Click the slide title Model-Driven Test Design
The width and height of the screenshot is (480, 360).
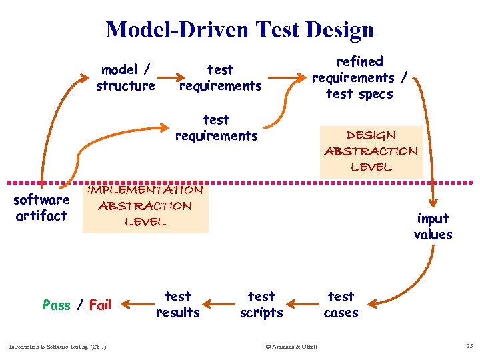tap(240, 29)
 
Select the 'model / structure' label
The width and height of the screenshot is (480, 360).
tap(125, 77)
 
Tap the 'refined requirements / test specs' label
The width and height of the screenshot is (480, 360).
tap(360, 77)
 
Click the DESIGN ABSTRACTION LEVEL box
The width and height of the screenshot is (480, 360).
tap(371, 151)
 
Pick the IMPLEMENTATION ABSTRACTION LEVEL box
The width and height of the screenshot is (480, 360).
tap(145, 206)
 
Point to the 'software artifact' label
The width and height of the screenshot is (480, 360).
tap(41, 207)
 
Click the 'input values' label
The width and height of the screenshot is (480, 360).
tap(433, 226)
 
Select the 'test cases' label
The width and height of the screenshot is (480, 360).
tap(341, 304)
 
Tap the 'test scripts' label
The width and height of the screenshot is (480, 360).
tap(261, 304)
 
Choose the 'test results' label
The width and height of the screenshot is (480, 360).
tap(177, 304)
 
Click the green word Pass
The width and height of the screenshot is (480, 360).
tap(56, 305)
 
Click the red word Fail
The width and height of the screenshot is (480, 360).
tap(100, 305)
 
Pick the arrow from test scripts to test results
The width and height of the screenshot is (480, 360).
tap(218, 305)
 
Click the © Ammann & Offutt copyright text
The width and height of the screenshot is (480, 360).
tap(291, 346)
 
